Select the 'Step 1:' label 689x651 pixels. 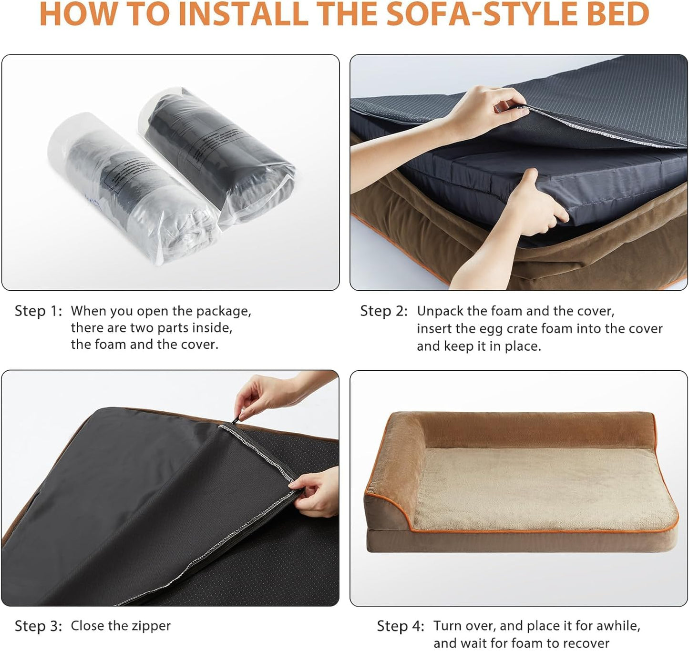[x=38, y=311]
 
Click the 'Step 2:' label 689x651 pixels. [x=384, y=311]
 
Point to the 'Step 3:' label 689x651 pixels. [x=38, y=626]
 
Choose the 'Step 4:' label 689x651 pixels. [x=400, y=626]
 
